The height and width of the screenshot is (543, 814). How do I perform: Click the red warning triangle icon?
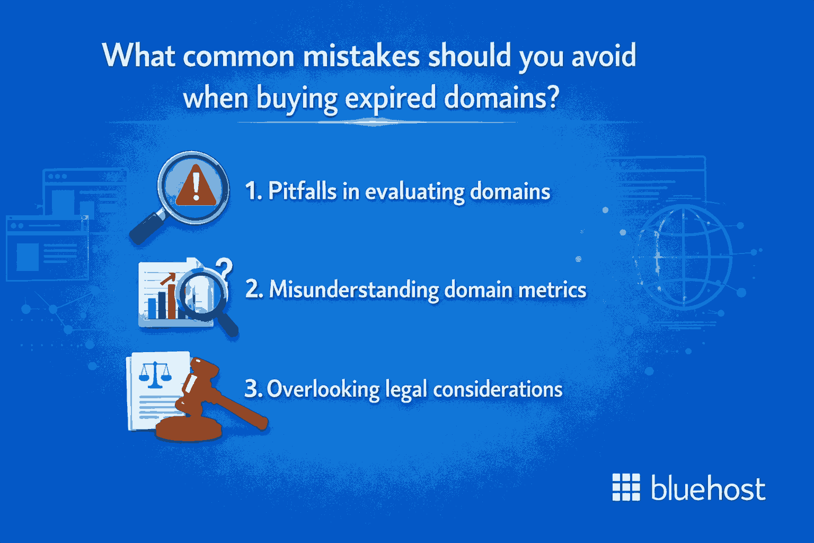[196, 186]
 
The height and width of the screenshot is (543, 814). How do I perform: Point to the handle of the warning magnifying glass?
[146, 228]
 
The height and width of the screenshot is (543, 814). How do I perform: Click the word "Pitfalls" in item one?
[302, 191]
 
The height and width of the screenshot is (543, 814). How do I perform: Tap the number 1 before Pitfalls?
[252, 191]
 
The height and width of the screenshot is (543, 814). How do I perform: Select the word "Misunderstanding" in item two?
[354, 290]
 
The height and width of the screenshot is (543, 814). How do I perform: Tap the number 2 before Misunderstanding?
[253, 290]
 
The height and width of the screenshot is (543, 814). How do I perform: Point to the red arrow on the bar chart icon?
[169, 279]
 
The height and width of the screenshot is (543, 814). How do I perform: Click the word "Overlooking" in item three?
[323, 389]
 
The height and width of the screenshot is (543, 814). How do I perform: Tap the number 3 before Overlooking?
[252, 389]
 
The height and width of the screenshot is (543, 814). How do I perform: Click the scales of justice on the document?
[155, 374]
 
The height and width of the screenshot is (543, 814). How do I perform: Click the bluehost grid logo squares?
[626, 487]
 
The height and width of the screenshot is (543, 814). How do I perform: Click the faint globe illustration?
[684, 257]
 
